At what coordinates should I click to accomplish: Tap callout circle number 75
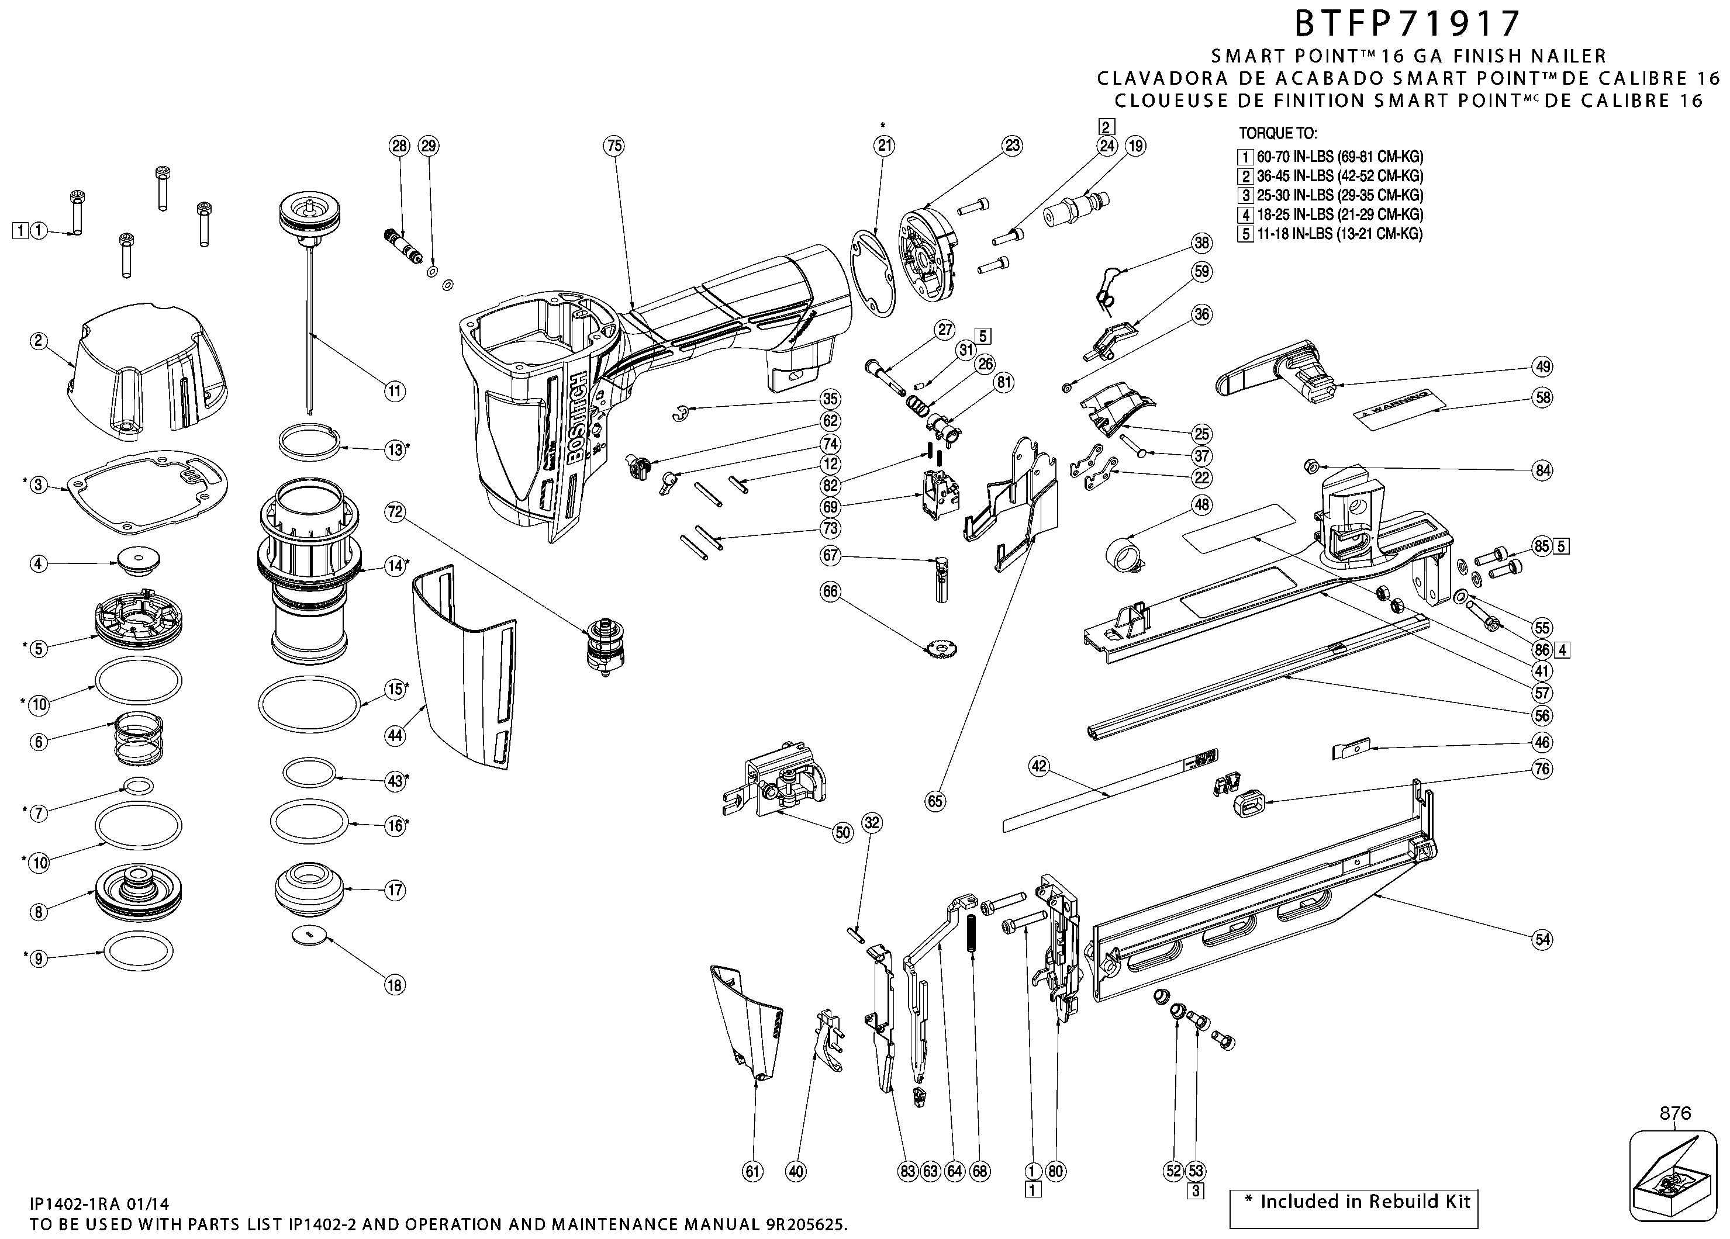[x=614, y=146]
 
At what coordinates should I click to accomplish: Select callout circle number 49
[x=1543, y=367]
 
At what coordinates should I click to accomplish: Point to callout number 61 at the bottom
[x=753, y=1171]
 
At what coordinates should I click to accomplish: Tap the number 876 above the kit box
[x=1675, y=1113]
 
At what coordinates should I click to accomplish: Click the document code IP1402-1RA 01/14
[x=99, y=1204]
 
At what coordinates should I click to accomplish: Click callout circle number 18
[x=395, y=985]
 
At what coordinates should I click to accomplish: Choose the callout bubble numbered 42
[x=1039, y=766]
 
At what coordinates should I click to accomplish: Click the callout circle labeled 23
[x=1011, y=146]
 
